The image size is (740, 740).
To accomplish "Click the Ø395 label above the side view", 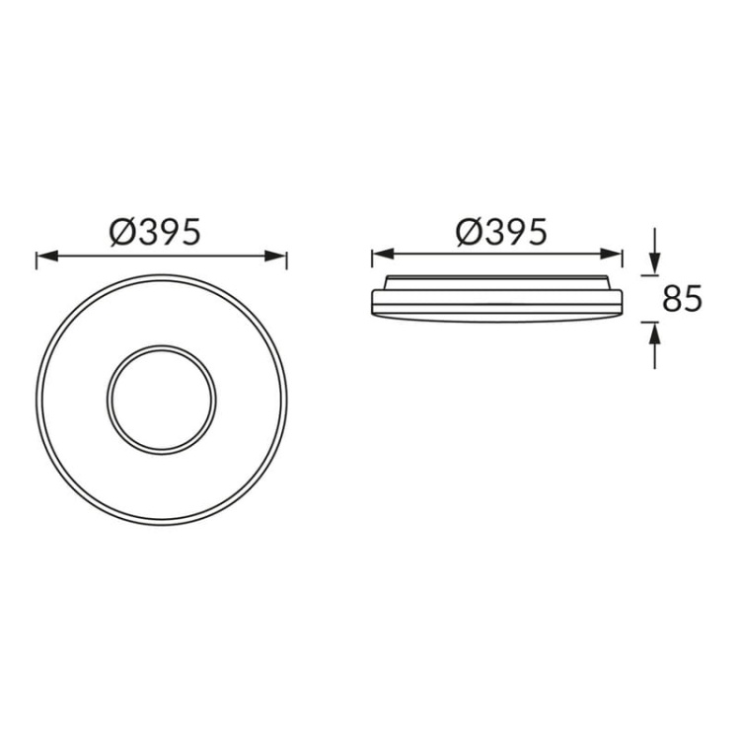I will (501, 232).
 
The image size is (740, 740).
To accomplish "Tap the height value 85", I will (682, 298).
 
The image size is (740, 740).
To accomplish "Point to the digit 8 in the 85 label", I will (671, 298).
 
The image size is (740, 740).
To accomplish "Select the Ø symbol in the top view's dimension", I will (123, 232).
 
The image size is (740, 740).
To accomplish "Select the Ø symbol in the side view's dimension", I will (469, 232).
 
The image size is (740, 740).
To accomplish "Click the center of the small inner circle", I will (161, 401).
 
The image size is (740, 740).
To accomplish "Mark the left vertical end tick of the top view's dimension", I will (37, 259).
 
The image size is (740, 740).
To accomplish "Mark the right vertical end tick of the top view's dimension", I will (286, 259).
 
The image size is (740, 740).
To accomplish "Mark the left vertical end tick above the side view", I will (372, 259).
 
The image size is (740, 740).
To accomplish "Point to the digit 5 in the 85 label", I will (693, 298).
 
